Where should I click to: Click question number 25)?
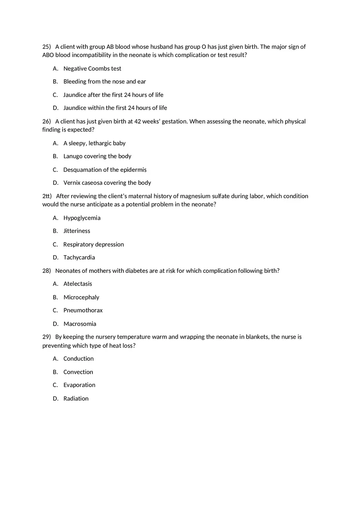click(x=46, y=47)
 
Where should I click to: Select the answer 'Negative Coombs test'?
click(x=92, y=69)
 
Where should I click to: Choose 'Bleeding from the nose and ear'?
click(x=104, y=82)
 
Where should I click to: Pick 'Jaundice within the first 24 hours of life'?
click(x=115, y=108)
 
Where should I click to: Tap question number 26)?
click(x=46, y=121)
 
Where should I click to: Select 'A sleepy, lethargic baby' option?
click(x=94, y=144)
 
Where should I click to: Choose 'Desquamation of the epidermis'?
click(x=105, y=170)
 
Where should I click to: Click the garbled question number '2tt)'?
click(x=47, y=196)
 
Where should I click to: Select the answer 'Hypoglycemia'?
click(x=82, y=218)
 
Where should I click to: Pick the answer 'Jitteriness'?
click(x=76, y=231)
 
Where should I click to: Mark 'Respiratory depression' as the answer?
click(x=93, y=245)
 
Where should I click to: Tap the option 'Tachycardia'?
click(x=79, y=258)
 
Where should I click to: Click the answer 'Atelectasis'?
click(x=78, y=284)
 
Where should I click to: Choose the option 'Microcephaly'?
click(x=81, y=297)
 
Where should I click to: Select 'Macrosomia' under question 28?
click(x=80, y=324)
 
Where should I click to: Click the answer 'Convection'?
click(x=78, y=372)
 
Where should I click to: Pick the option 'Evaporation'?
click(x=79, y=385)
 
